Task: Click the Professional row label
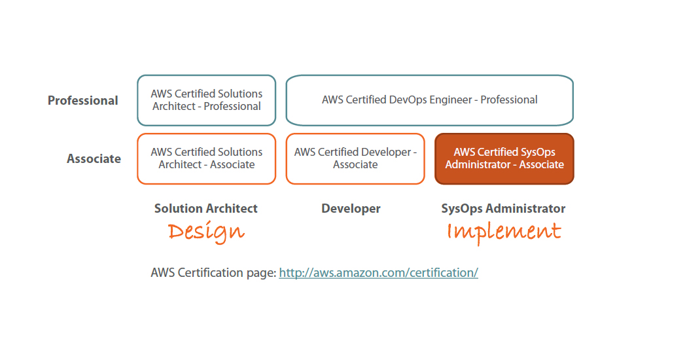coord(83,101)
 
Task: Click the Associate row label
coord(94,159)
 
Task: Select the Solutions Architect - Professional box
coord(207,100)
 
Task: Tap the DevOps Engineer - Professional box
coord(429,100)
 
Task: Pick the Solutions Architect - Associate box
coord(207,158)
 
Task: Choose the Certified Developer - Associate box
coord(355,158)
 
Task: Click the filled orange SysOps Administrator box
coord(504,158)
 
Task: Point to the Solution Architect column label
coord(206,209)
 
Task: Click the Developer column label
coord(351,209)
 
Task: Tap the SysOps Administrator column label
coord(503,209)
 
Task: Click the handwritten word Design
coord(206,232)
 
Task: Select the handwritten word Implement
coord(504,232)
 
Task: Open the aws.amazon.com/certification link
coord(378,273)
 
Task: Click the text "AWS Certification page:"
coord(213,273)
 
